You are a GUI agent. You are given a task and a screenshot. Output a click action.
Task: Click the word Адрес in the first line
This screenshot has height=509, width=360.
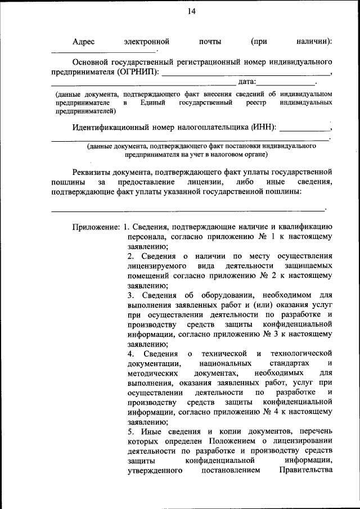pos(84,42)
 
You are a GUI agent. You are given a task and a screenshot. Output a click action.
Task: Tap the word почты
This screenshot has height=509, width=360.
pos(210,42)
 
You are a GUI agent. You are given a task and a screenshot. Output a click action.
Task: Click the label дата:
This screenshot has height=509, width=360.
pos(248,83)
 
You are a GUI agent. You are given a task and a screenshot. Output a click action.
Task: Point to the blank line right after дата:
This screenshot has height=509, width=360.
pos(287,84)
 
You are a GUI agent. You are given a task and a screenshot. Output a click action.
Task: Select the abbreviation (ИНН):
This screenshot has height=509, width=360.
pos(264,127)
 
